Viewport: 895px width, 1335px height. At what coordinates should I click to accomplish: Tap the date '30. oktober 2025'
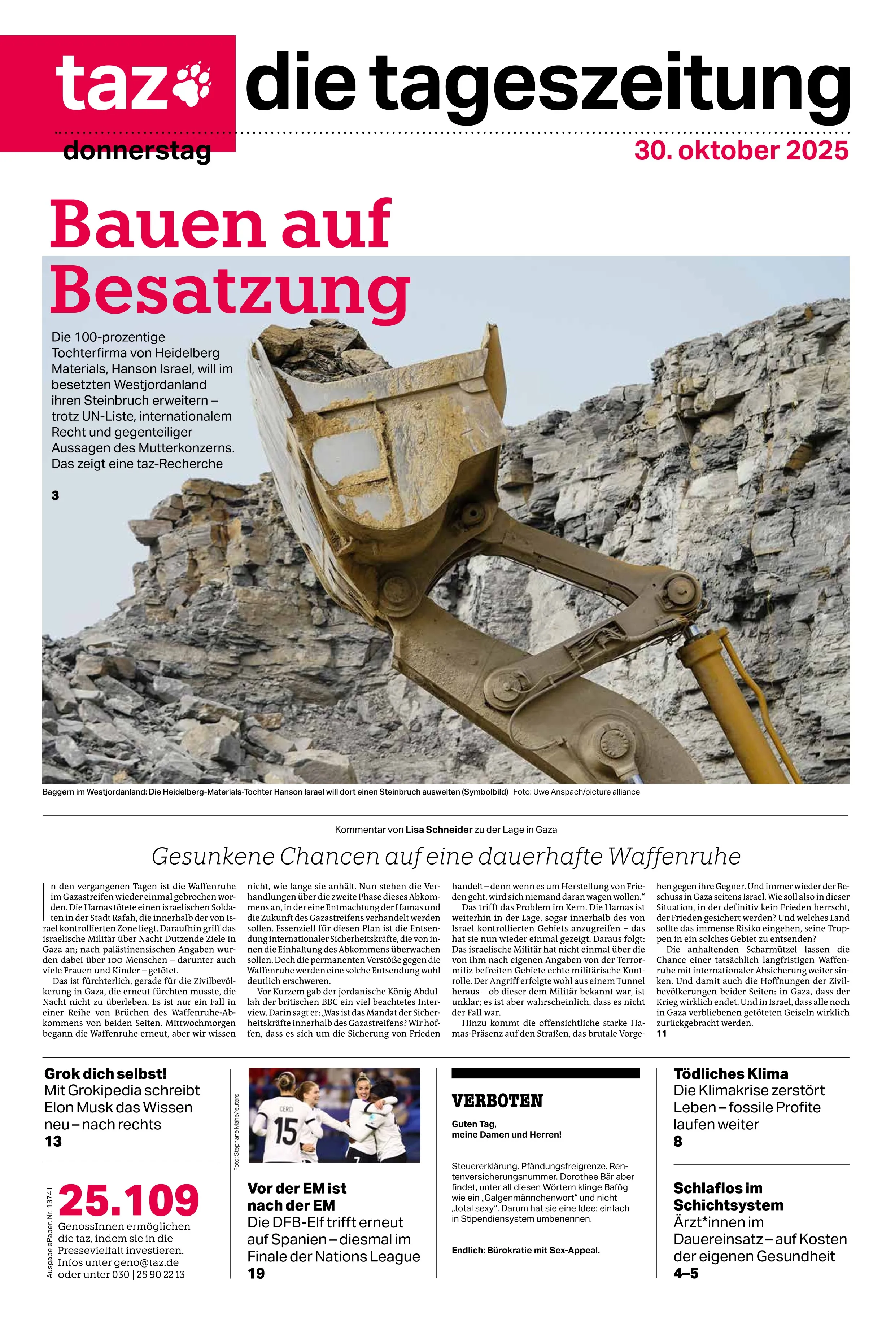point(741,150)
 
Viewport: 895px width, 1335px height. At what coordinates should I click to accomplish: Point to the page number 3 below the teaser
point(55,495)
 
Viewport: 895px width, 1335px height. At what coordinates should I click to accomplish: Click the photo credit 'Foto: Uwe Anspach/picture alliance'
point(576,792)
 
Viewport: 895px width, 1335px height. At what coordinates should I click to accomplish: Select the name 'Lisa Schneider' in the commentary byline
point(438,830)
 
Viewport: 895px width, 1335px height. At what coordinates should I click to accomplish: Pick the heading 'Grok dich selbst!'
point(106,1074)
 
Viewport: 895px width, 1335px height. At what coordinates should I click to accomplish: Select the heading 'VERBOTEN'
point(497,1100)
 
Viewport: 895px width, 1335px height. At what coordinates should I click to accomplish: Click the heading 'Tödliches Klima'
point(730,1074)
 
